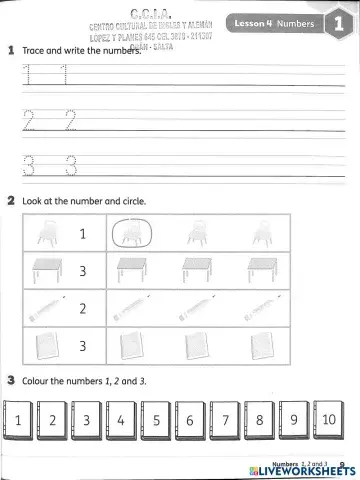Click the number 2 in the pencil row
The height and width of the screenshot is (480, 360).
pyautogui.click(x=84, y=308)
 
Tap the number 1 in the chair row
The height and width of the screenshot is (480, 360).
pyautogui.click(x=84, y=234)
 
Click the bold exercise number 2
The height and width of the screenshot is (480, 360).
pyautogui.click(x=10, y=201)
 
